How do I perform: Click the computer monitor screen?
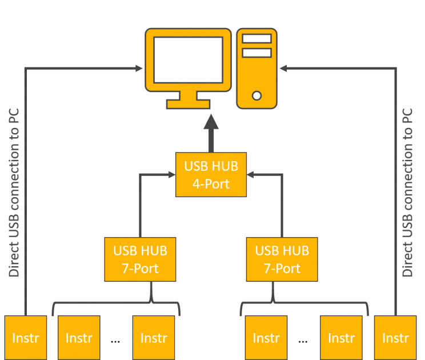(188, 59)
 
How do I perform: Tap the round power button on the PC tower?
(257, 95)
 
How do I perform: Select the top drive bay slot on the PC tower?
(256, 39)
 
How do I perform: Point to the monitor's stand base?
(188, 104)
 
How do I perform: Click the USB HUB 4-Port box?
(211, 175)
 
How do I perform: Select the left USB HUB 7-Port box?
(140, 259)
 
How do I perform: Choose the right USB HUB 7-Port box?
(282, 259)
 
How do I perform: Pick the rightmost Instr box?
(395, 338)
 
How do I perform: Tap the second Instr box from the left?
(79, 338)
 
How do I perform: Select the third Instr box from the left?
(154, 338)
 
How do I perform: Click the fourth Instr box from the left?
(266, 338)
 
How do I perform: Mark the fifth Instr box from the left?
(341, 338)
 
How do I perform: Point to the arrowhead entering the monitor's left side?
(139, 69)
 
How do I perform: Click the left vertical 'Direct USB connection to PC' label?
(14, 193)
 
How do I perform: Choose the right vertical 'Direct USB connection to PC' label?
(407, 193)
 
